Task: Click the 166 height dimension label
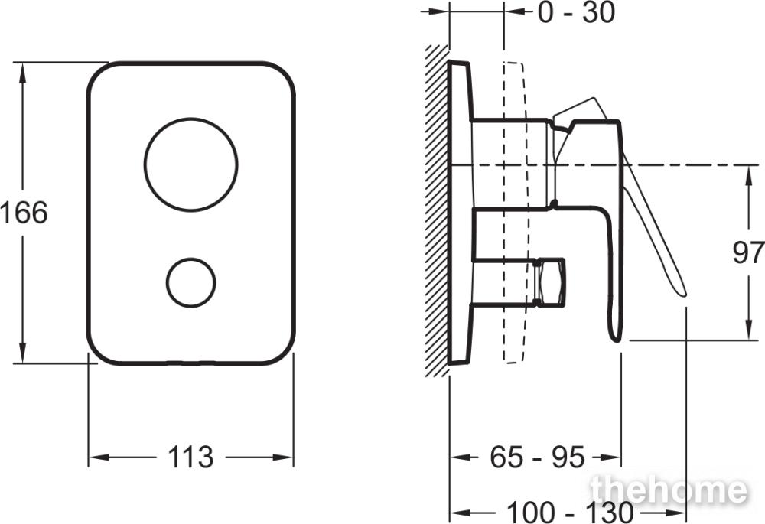coord(24,212)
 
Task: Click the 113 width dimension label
coord(190,457)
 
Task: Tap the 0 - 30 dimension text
coord(577,13)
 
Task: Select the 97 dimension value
coord(748,252)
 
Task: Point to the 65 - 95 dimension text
coord(537,457)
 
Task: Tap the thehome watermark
coord(669,490)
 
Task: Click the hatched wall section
coord(437,210)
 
